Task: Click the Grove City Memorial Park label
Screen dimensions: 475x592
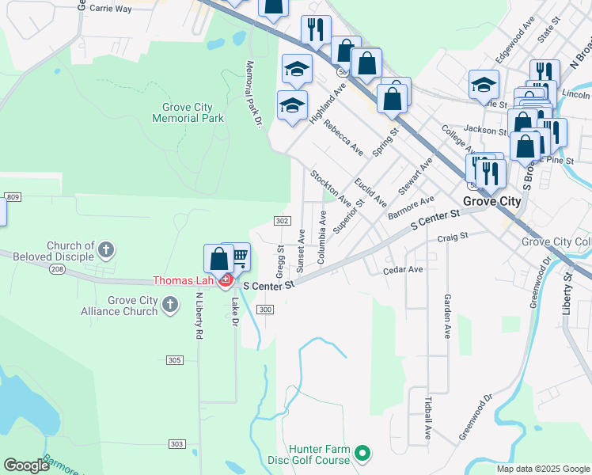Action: pos(192,112)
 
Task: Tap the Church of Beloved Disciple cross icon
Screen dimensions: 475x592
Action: pos(105,251)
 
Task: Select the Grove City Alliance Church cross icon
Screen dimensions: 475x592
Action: pos(169,304)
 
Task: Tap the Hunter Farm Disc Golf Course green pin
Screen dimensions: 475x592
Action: pos(362,454)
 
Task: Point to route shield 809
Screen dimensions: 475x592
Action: pos(12,196)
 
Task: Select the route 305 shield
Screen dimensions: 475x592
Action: pos(175,360)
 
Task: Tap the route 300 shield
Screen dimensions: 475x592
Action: pos(266,310)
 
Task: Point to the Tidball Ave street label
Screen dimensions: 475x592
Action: pos(428,420)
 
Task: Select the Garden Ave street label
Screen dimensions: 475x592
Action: pos(447,317)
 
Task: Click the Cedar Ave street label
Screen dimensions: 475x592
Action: pos(403,270)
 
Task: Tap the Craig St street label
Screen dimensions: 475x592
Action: pos(453,236)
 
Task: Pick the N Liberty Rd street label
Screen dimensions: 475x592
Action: pos(199,318)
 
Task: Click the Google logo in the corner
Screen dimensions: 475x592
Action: pos(26,465)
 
